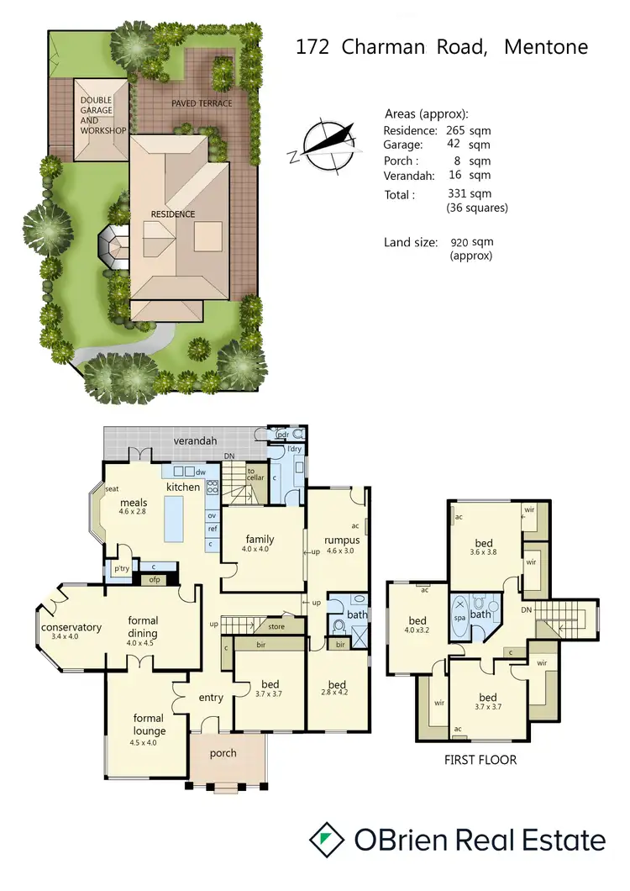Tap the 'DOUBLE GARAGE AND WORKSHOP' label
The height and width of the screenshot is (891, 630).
[102, 115]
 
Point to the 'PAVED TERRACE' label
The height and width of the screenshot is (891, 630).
[202, 103]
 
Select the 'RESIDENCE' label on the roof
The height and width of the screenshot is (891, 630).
[173, 214]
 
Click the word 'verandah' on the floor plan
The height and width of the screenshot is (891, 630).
[195, 440]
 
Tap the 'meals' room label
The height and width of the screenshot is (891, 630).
[133, 503]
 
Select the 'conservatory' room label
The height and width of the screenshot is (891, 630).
[71, 627]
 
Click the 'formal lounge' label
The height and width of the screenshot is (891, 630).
[148, 725]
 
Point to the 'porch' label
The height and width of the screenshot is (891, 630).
[223, 752]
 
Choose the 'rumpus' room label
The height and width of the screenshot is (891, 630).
[343, 540]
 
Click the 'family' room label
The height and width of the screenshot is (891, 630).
[260, 540]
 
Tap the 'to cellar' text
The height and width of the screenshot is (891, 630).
[255, 474]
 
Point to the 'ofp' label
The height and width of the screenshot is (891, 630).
[155, 579]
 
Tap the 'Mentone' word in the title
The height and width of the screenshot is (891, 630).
[546, 46]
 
